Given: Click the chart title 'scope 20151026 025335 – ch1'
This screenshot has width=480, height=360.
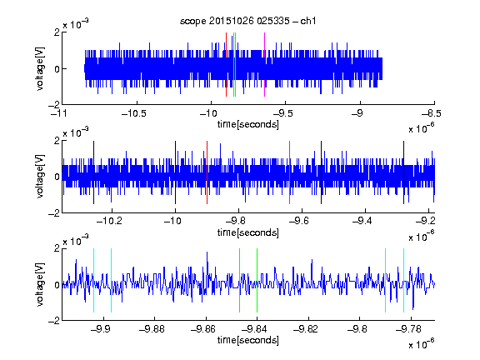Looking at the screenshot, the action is (x=248, y=21).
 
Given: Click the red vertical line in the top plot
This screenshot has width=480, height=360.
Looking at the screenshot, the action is (x=226, y=65).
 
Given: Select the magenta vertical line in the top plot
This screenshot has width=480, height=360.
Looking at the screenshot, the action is (x=264, y=65).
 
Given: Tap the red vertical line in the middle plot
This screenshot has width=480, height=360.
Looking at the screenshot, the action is (x=207, y=172).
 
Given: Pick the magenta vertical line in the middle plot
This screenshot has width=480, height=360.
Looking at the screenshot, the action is (x=290, y=172).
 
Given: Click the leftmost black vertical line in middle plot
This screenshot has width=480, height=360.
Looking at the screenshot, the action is (x=93, y=172).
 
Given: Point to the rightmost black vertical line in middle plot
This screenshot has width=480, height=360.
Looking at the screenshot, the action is (x=403, y=172).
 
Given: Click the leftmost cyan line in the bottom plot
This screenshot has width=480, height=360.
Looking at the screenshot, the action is (x=93, y=280).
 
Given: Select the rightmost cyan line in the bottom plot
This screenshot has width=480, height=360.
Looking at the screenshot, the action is (x=403, y=280).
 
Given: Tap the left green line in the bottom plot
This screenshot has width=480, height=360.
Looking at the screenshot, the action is (x=239, y=280).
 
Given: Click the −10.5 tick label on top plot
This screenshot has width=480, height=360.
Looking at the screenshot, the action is (x=134, y=113).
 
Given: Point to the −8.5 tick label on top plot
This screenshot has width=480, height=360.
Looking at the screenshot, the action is (x=431, y=113).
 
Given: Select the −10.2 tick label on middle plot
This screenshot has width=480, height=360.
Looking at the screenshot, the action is (x=109, y=221).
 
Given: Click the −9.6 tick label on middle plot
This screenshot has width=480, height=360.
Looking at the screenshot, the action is (x=299, y=221).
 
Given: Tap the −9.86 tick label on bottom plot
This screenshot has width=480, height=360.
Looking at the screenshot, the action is (x=203, y=329).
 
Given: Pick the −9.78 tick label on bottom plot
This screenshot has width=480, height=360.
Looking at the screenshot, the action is (x=408, y=329).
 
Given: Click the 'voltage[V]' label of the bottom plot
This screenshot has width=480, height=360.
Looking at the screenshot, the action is (x=40, y=284).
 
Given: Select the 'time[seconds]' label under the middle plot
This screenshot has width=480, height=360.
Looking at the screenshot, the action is (x=248, y=232).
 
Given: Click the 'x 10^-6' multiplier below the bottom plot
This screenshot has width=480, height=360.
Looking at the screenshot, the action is (x=422, y=343).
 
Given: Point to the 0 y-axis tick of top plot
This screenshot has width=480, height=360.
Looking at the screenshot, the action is (x=57, y=69).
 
